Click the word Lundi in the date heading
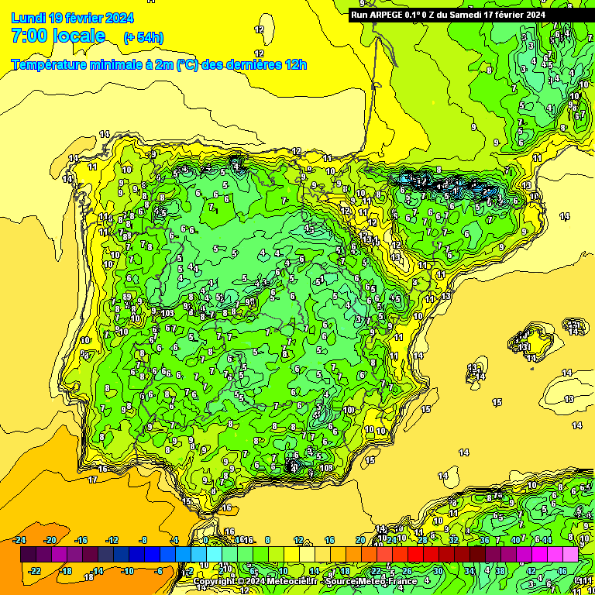click(x=28, y=18)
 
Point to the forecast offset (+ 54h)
click(x=143, y=37)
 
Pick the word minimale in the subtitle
click(x=124, y=64)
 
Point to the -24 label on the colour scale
click(x=20, y=540)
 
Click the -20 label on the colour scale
click(x=51, y=540)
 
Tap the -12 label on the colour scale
click(x=112, y=540)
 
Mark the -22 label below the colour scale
click(x=36, y=571)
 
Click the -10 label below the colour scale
click(x=128, y=571)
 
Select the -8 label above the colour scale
click(x=143, y=540)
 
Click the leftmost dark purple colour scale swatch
click(x=28, y=555)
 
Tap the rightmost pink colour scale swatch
click(x=570, y=555)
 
